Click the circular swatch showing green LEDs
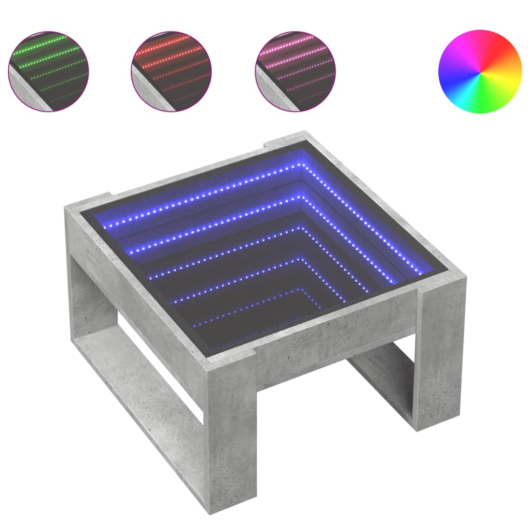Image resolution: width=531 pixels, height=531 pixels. (x=48, y=71)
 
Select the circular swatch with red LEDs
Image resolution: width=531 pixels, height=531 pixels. (x=172, y=71)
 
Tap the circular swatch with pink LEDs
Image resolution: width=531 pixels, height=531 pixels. (x=296, y=71)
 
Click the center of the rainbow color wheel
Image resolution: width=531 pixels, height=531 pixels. (x=480, y=72)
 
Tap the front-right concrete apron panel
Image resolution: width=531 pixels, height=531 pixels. (x=337, y=332)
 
